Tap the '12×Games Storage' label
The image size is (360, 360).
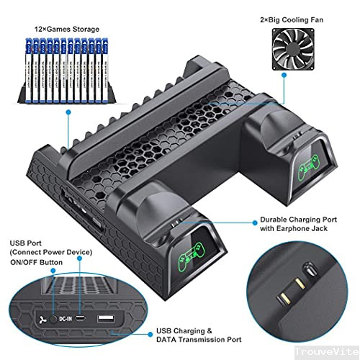coord(67,30)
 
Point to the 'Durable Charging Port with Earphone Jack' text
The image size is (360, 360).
coord(295,224)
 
